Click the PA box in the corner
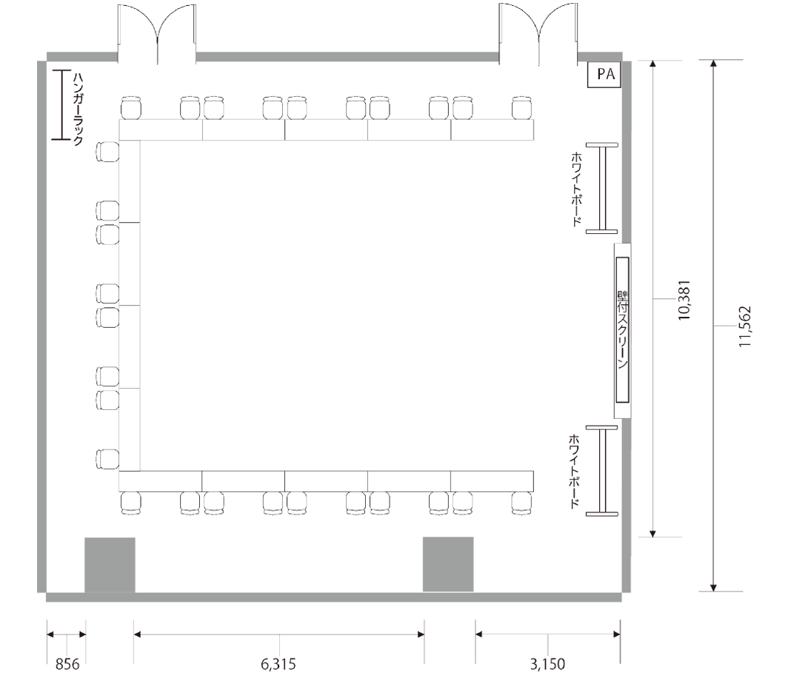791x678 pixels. click(604, 75)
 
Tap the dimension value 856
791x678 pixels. click(67, 665)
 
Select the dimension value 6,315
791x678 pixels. click(278, 665)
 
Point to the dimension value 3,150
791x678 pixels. click(548, 665)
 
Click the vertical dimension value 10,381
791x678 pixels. click(684, 301)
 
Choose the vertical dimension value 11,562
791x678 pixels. click(745, 326)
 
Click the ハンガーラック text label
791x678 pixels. click(79, 109)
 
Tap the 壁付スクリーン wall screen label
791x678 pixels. click(623, 330)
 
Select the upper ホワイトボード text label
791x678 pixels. click(576, 189)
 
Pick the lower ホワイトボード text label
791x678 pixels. click(574, 471)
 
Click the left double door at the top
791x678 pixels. click(157, 34)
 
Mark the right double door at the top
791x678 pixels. click(538, 34)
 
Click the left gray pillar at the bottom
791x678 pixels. click(110, 565)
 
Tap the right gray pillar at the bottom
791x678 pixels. click(448, 564)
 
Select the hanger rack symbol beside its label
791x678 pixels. click(61, 104)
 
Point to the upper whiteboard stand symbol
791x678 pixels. click(602, 188)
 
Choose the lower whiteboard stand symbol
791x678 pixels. click(602, 470)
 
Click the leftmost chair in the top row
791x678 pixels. click(131, 108)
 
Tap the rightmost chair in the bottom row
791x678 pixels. click(522, 503)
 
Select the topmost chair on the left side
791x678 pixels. click(107, 152)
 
